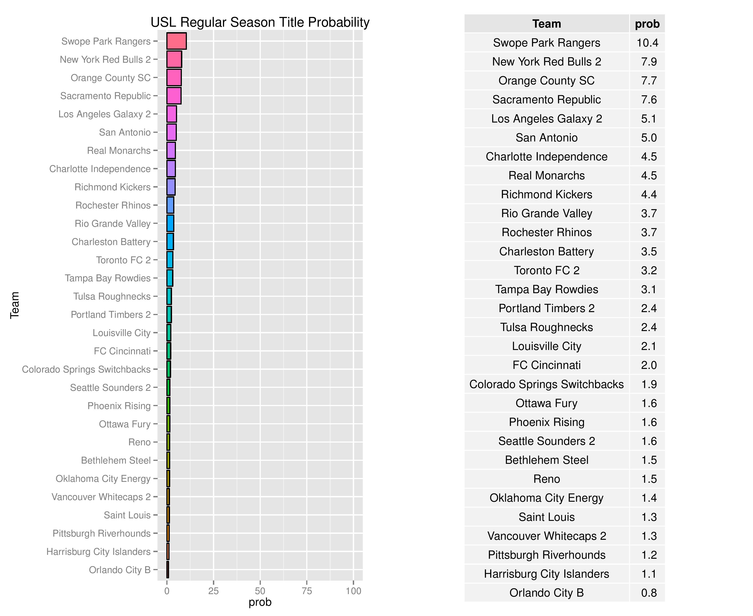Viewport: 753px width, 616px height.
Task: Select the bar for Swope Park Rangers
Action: (x=176, y=41)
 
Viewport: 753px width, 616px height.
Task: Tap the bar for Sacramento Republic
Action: (x=174, y=96)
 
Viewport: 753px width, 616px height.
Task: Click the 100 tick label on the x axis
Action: (x=353, y=591)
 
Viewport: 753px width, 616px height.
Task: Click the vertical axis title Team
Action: (x=15, y=305)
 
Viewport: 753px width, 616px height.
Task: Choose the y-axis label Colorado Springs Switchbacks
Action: (x=86, y=369)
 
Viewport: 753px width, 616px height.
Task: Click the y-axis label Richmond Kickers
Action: (x=112, y=187)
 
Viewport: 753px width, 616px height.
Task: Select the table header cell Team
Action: (x=546, y=24)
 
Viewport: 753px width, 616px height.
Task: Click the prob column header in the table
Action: (x=647, y=24)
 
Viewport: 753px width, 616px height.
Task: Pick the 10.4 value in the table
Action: (x=647, y=43)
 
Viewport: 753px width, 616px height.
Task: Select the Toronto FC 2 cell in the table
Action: (x=546, y=270)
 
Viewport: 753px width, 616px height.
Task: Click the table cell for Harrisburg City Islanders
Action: (x=546, y=574)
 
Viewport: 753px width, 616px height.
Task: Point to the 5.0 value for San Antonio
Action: (x=649, y=138)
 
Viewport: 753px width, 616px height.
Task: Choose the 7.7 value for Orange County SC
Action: (x=649, y=81)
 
